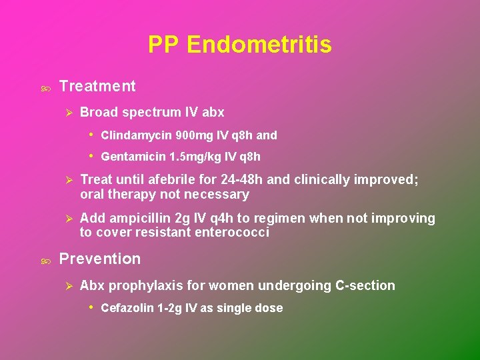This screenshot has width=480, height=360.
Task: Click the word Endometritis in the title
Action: click(259, 45)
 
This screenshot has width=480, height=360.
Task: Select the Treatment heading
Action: click(97, 86)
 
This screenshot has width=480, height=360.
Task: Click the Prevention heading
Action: click(100, 259)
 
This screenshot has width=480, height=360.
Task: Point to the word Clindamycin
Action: click(136, 135)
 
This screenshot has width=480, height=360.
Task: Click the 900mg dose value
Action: click(192, 135)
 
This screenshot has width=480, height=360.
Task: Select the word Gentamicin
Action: click(134, 157)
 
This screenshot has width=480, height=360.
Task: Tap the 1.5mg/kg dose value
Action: click(193, 157)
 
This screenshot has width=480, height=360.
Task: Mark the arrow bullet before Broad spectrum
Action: click(67, 113)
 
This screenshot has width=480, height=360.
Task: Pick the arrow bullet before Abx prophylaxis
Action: click(67, 286)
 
